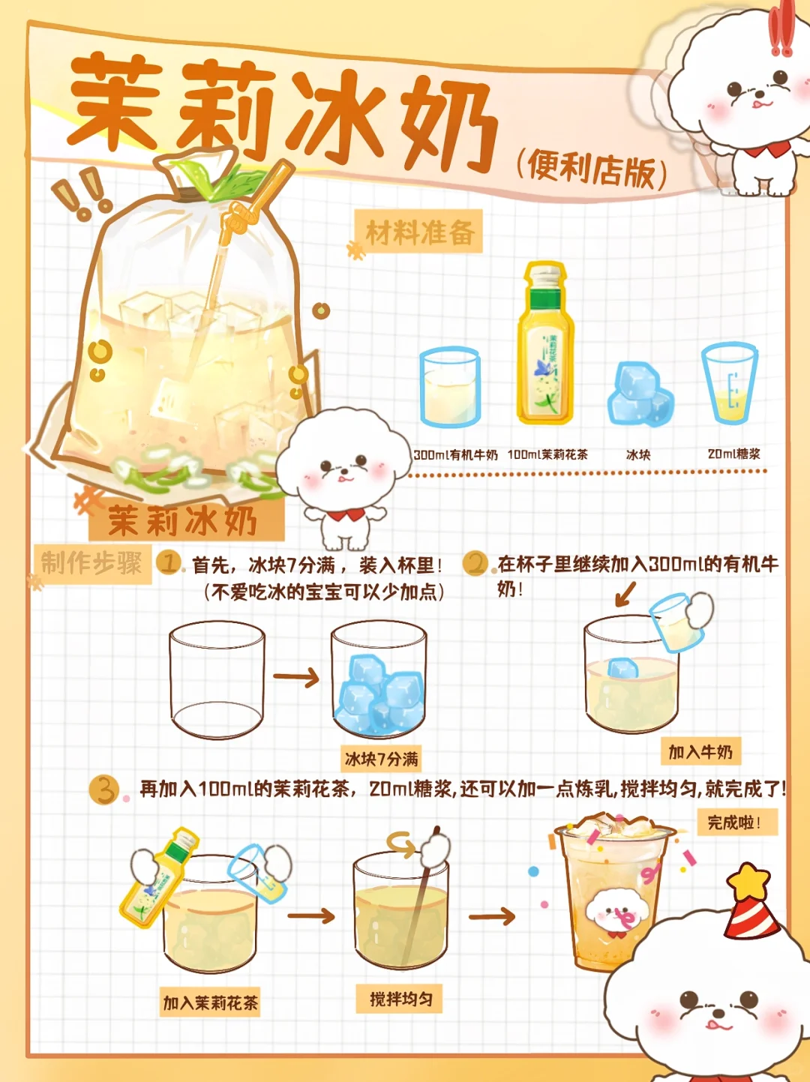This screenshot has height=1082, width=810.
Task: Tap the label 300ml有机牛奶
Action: tap(456, 454)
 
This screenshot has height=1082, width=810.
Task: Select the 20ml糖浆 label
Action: tap(733, 454)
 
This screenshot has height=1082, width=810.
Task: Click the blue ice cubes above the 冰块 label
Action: tap(640, 394)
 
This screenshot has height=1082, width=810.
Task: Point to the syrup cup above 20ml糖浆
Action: tap(730, 383)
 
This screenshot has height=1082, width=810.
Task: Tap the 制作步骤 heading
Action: tap(91, 563)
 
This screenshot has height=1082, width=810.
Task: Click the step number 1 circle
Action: tap(169, 563)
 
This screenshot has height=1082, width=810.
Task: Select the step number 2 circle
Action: tap(475, 564)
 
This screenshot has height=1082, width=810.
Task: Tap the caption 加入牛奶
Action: tap(700, 752)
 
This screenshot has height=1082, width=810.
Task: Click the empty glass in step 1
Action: tap(217, 680)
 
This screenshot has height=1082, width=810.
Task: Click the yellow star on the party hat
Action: tap(748, 881)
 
